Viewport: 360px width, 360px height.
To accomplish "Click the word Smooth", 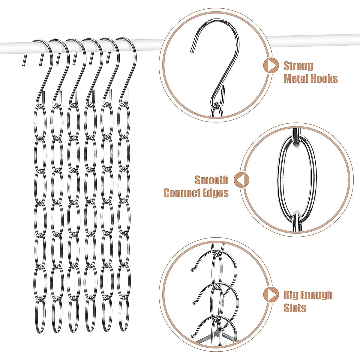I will pyautogui.click(x=211, y=180).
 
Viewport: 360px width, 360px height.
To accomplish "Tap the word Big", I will pyautogui.click(x=291, y=295).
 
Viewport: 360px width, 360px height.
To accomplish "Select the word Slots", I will pyautogui.click(x=295, y=308).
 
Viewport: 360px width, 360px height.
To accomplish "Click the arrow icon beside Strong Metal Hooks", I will pyautogui.click(x=271, y=66).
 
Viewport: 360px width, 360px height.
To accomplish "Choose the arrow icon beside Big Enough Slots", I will pyautogui.click(x=271, y=295).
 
